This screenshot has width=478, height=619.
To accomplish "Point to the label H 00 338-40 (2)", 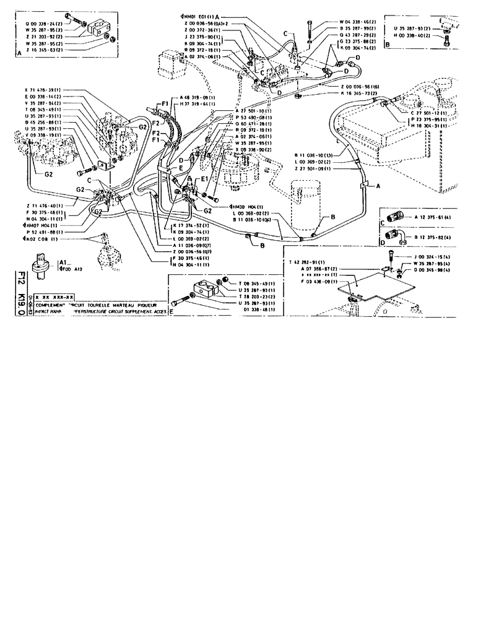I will click(414, 36).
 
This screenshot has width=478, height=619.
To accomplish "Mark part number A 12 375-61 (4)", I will click(425, 217).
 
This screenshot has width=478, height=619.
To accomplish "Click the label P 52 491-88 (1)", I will click(43, 232).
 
